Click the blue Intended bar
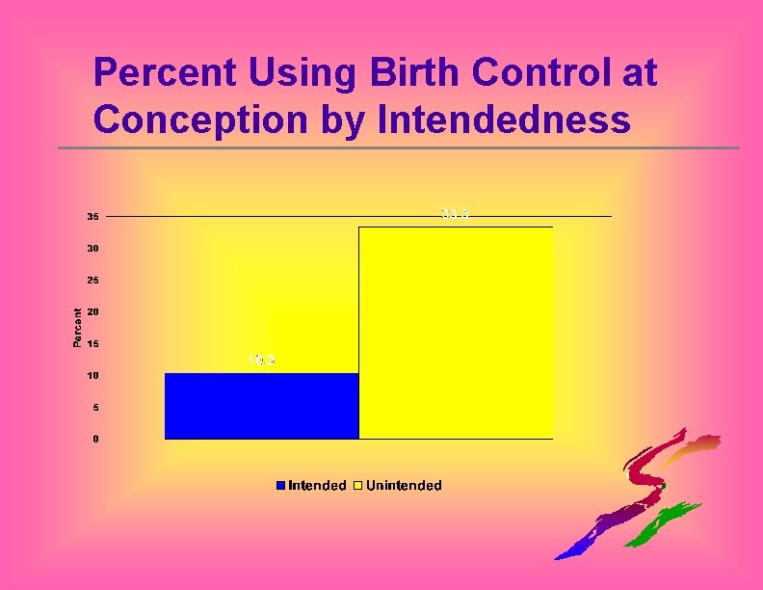[261, 406]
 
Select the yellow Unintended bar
[456, 333]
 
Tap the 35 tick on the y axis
[92, 217]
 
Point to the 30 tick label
[92, 249]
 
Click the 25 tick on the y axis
[92, 281]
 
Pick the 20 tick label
[92, 312]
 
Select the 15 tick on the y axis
[92, 344]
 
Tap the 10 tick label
[92, 375]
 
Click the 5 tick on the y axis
[93, 407]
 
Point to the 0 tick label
[93, 439]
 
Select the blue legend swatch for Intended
[281, 485]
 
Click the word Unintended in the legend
[404, 485]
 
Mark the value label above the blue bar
[262, 361]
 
